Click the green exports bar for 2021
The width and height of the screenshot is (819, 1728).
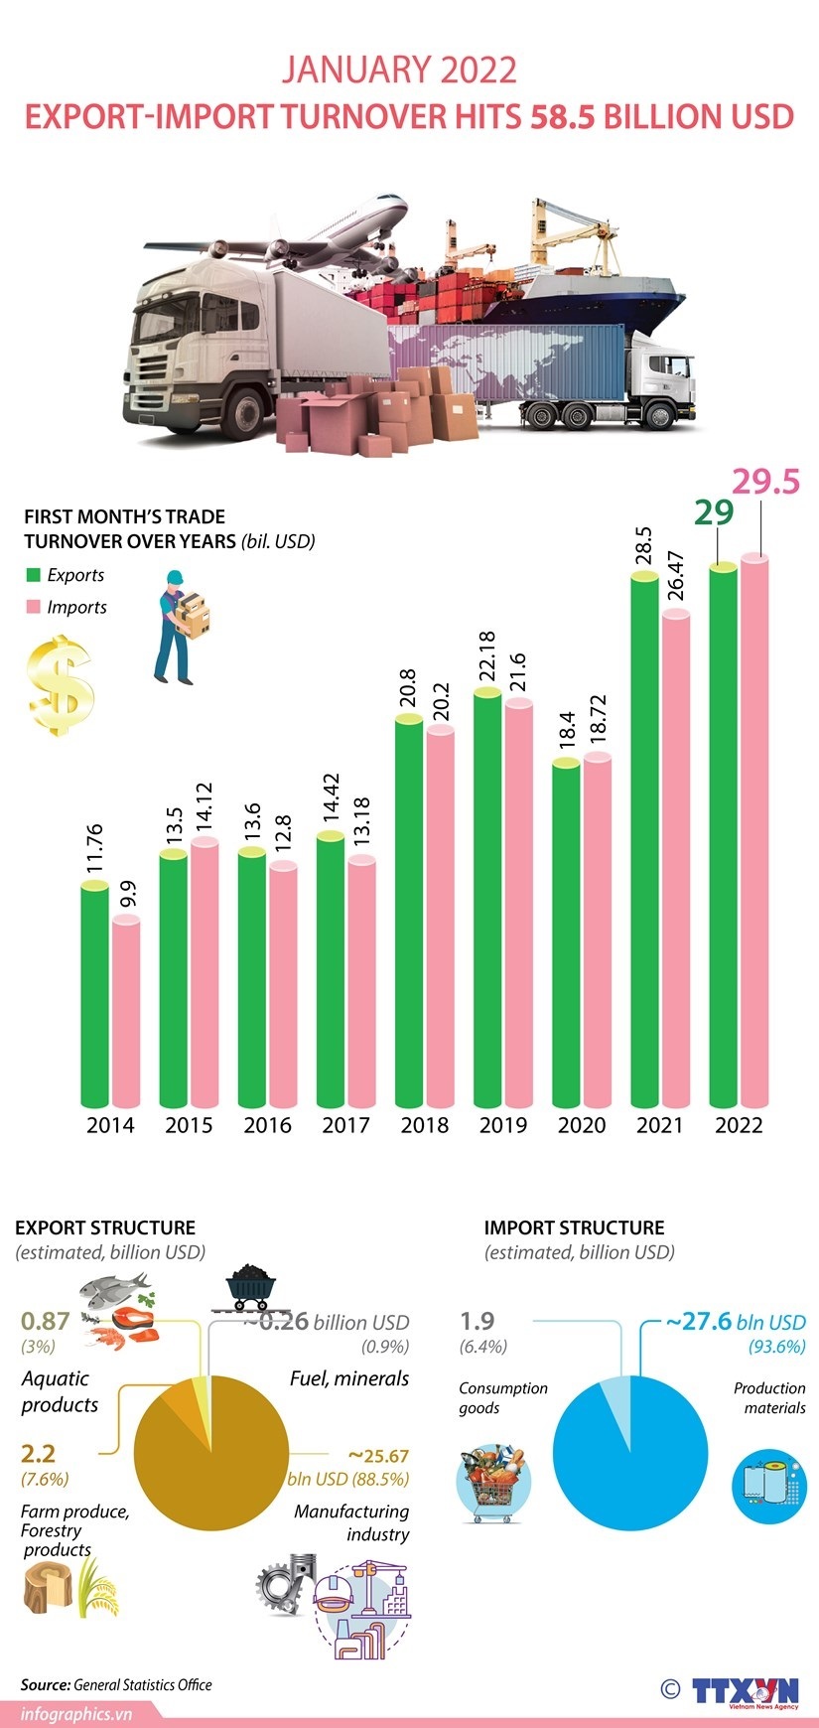644,844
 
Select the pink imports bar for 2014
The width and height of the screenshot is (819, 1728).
126,1013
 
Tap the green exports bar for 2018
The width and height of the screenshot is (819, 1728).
409,914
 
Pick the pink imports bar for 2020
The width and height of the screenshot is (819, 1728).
597,934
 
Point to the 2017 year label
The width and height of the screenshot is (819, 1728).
345,1125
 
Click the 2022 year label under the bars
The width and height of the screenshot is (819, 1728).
739,1125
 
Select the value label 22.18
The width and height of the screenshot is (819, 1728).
486,656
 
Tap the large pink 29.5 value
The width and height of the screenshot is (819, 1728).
765,482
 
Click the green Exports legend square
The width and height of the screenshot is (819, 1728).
33,575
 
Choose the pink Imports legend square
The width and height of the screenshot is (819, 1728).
33,607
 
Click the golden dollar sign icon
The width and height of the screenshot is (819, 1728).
61,685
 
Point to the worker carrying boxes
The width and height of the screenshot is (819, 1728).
181,627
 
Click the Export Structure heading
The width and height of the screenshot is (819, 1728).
105,1227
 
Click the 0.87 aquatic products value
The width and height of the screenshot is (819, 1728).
46,1321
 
